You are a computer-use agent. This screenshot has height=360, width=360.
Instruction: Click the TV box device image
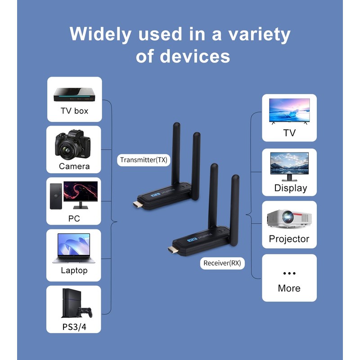(74, 94)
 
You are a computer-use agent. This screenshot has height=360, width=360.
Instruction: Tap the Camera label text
(74, 166)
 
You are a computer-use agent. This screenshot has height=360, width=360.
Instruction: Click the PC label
(74, 218)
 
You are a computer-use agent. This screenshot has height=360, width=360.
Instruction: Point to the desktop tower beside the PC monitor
(55, 196)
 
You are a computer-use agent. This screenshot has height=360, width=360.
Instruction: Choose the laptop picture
(74, 248)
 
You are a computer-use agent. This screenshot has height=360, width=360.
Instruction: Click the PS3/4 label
(74, 327)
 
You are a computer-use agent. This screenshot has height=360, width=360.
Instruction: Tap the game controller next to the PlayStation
(84, 311)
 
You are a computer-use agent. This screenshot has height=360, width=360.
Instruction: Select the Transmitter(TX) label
(144, 160)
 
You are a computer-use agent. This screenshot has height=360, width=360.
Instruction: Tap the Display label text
(290, 188)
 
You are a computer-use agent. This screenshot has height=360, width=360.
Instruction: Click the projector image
(289, 219)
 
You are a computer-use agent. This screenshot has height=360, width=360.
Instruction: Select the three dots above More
(289, 273)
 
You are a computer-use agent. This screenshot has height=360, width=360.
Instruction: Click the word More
(289, 288)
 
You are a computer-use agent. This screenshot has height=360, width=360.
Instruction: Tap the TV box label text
(74, 111)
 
